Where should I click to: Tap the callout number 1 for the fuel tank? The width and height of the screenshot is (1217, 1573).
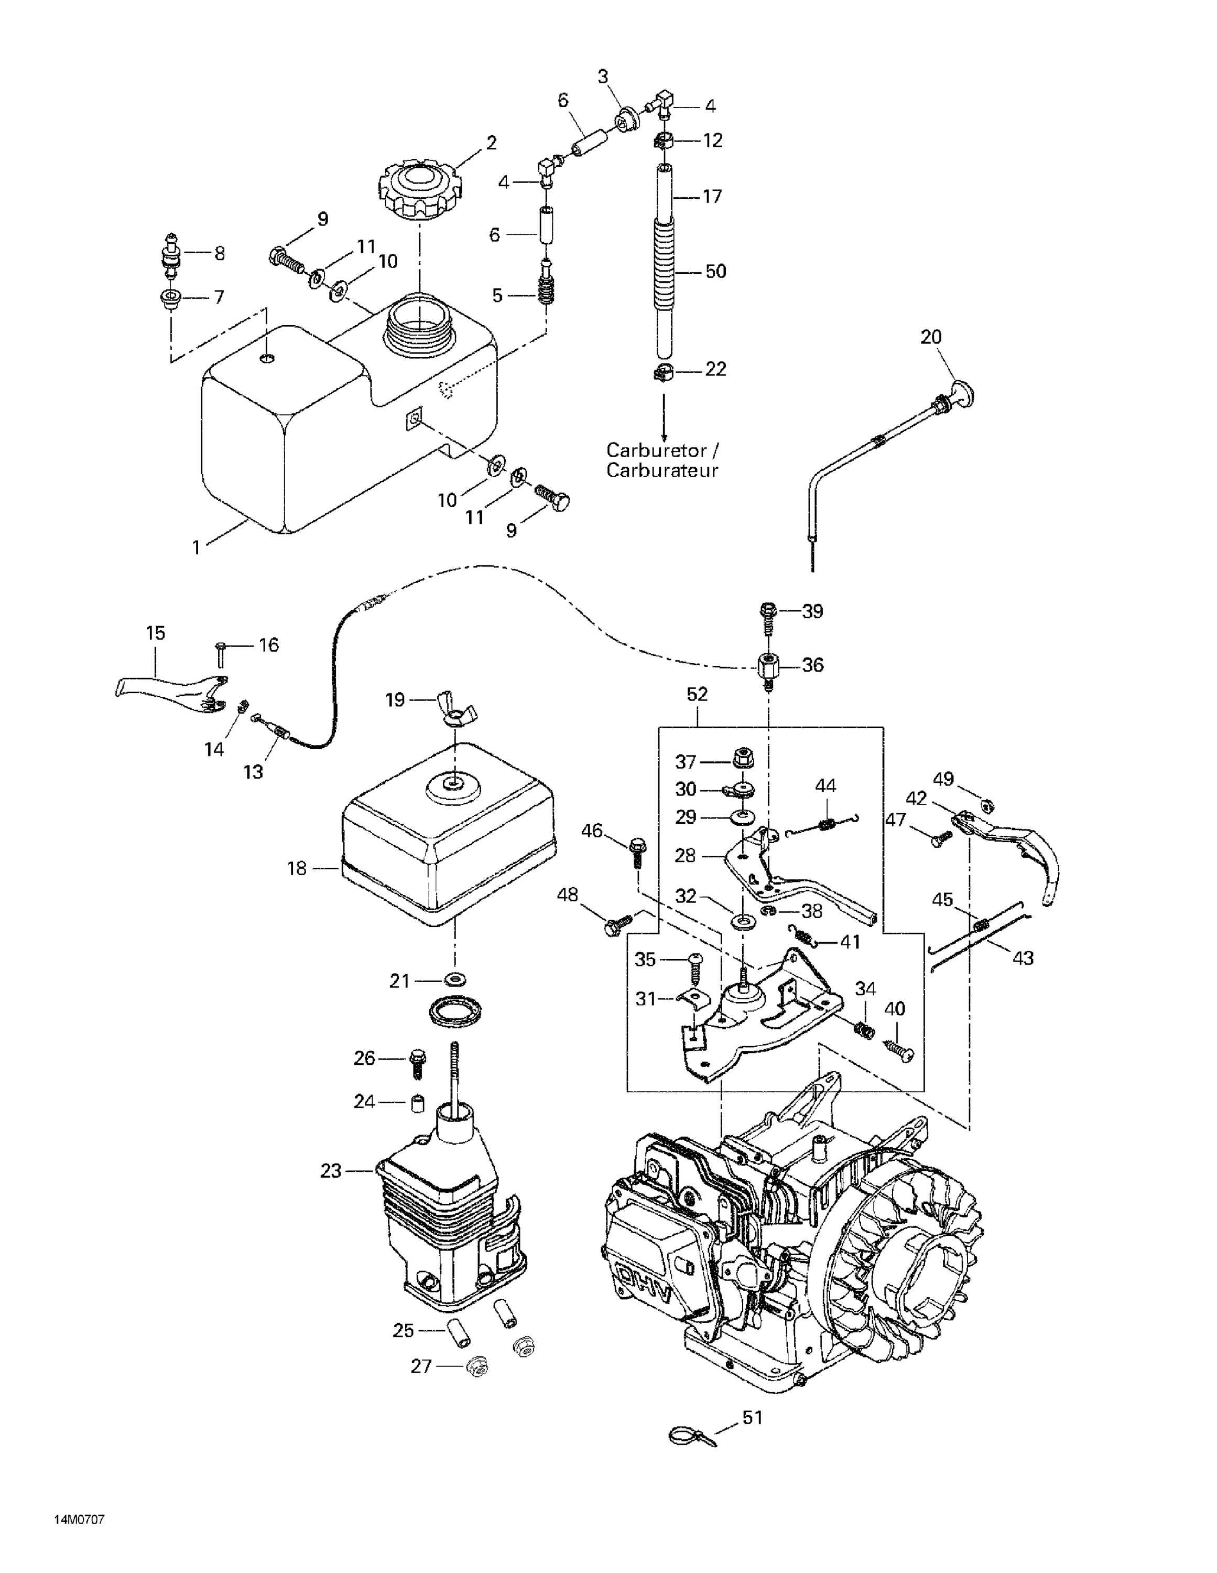196,547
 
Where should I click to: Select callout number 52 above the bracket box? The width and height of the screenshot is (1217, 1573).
697,694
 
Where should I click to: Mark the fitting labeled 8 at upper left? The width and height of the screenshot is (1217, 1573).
171,254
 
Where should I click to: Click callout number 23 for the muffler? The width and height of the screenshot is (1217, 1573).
331,1171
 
